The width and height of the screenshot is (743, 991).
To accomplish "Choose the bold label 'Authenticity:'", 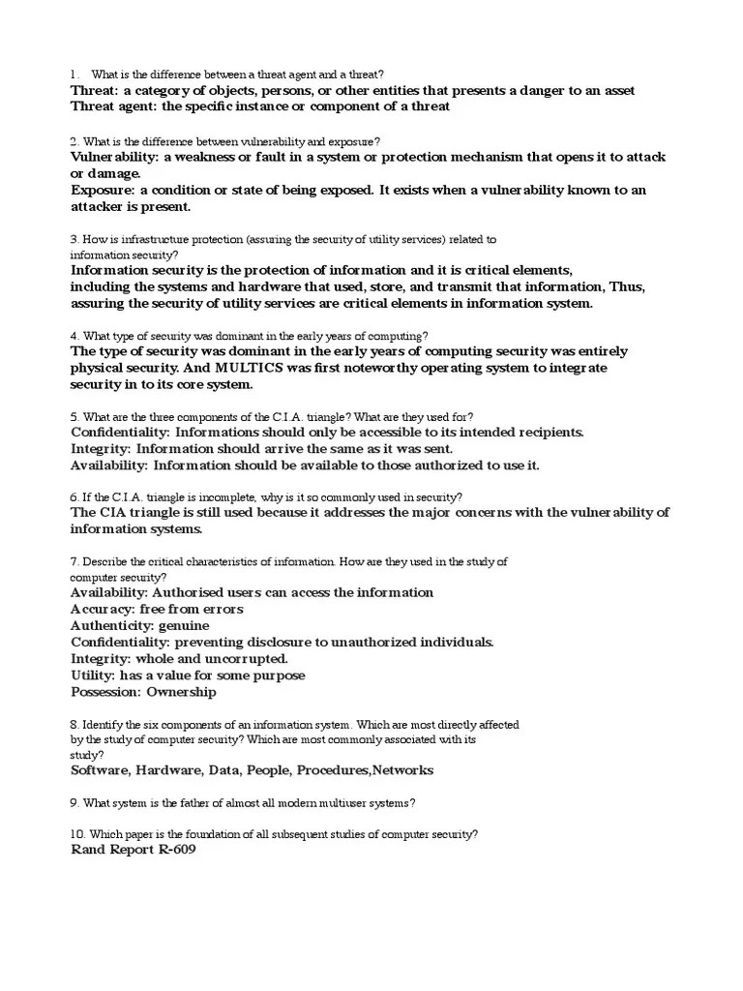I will coord(114,626).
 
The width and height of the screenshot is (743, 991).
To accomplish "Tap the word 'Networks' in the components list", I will coord(403,770).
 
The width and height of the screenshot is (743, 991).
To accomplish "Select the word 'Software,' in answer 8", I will coord(101,770).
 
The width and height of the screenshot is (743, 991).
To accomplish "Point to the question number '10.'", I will coord(78,834).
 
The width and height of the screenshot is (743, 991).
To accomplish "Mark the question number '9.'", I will coord(74,802).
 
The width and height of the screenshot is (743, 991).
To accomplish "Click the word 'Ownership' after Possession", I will coord(182,692).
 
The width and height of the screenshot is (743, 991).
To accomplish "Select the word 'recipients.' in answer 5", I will coord(547,433).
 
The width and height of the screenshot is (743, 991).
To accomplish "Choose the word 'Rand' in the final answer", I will coord(90,850).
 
